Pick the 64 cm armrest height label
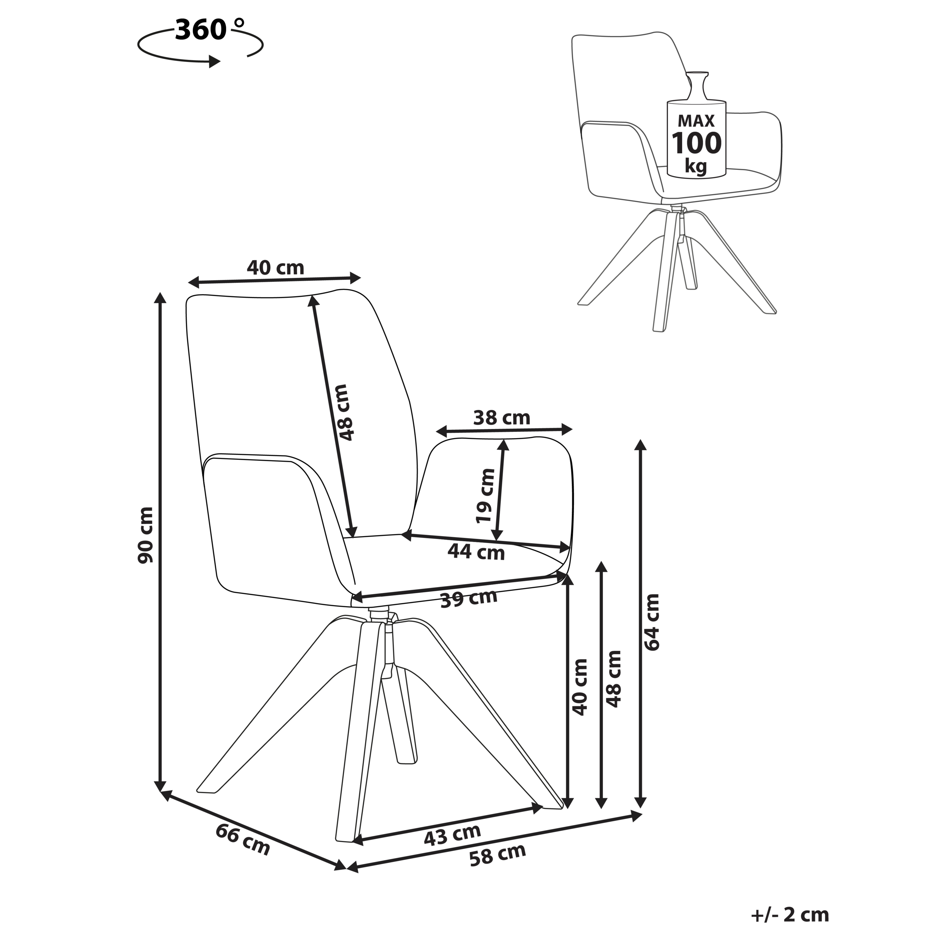pos(651,622)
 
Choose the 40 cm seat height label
pos(579,687)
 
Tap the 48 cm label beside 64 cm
pos(613,679)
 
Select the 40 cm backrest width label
pos(275,267)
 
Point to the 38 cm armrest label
pos(502,418)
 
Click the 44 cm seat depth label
pos(476,552)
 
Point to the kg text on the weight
pos(696,166)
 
